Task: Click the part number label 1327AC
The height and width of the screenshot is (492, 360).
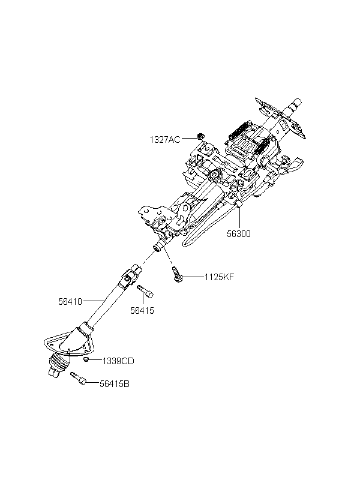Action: pos(165,140)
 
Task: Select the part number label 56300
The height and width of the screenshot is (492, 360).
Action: pos(239,234)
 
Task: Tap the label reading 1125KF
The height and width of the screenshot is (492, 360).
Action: pos(219,277)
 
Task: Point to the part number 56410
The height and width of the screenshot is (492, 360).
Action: pos(70,302)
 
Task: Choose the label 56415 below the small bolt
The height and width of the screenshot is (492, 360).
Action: pos(142,311)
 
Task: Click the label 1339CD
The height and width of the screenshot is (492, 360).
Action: pos(118,361)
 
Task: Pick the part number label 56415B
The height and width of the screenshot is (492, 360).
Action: pos(115,384)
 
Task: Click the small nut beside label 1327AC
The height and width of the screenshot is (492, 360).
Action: pos(199,136)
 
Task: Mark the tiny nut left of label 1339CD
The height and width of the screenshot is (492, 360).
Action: pos(86,359)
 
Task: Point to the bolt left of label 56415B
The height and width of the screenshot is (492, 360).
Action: pos(79,378)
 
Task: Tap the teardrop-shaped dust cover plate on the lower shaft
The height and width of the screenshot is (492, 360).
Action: pos(68,344)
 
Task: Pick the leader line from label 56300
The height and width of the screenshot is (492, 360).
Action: pos(239,217)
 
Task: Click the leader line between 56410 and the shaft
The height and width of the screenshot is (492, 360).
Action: pos(94,301)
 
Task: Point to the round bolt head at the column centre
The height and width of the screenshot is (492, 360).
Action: pos(214,175)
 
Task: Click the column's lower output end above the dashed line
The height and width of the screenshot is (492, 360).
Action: pos(158,247)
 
